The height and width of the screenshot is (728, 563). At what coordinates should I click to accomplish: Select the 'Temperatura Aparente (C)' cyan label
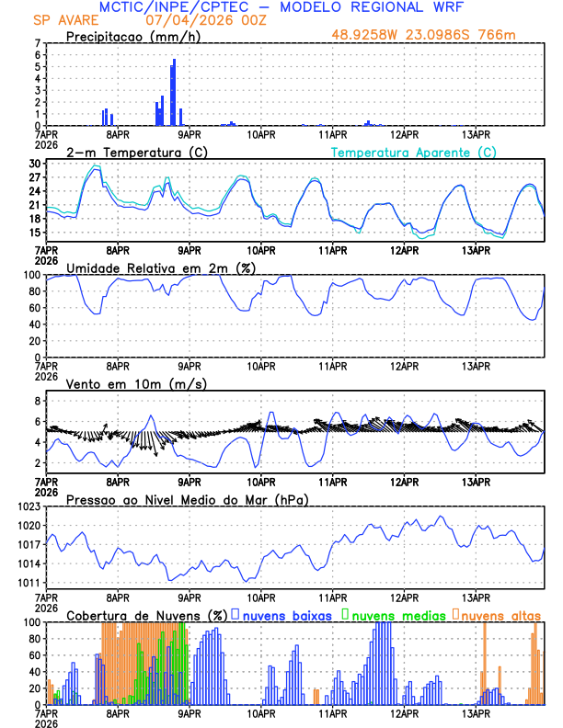[x=413, y=152]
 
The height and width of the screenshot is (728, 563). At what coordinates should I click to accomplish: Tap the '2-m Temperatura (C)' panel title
[x=136, y=152]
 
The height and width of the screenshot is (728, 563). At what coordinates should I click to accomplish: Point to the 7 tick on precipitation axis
[x=38, y=43]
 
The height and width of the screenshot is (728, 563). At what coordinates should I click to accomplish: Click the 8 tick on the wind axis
[x=38, y=402]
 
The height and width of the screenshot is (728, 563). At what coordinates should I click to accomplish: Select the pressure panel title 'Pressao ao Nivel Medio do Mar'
[x=187, y=499]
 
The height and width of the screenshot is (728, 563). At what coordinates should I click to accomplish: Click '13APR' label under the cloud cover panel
[x=476, y=711]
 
